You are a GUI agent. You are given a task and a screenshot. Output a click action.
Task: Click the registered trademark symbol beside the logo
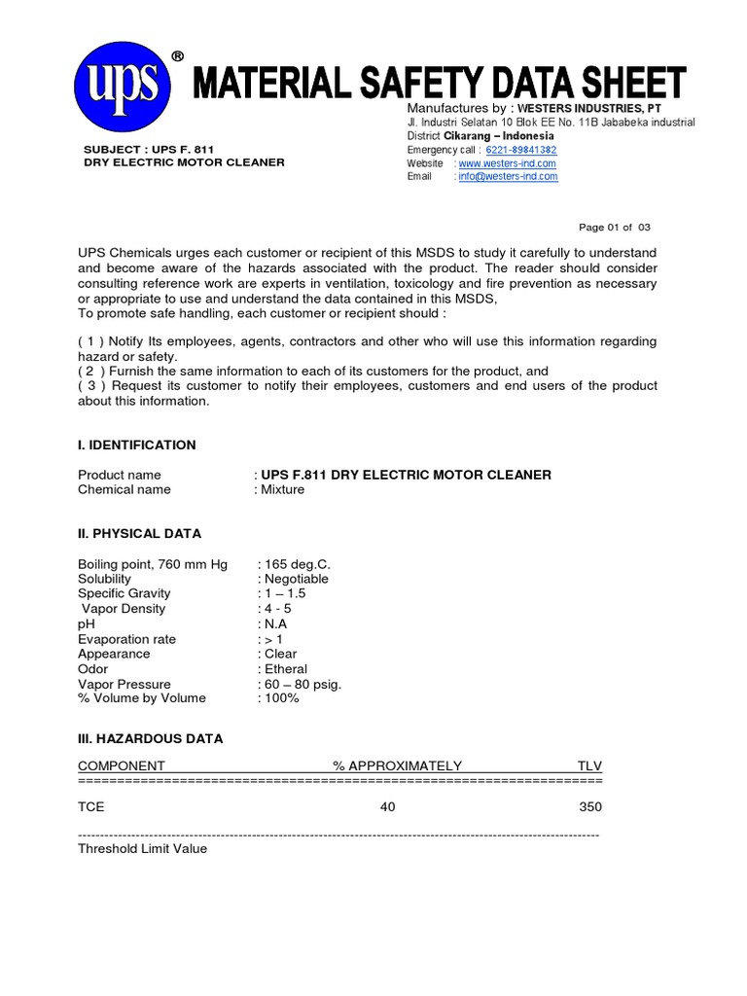[x=178, y=56]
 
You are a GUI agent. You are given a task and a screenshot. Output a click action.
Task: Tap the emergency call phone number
[x=509, y=151]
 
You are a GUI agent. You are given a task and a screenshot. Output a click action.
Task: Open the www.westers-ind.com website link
[x=507, y=163]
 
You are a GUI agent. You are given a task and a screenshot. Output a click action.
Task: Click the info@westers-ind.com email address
[x=507, y=176]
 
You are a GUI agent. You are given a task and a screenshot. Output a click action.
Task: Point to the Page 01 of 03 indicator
[x=615, y=228]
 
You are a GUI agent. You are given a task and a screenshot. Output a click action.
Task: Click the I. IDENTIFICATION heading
[x=136, y=445]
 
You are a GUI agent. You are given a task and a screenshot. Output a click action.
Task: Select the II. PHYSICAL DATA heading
[x=139, y=533]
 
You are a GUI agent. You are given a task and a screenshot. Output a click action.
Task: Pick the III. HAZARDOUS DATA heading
[x=150, y=738]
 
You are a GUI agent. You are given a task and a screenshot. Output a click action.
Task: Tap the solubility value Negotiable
[x=296, y=579]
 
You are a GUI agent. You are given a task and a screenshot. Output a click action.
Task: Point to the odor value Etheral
[x=285, y=669]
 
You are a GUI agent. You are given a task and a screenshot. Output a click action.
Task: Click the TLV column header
[x=589, y=765]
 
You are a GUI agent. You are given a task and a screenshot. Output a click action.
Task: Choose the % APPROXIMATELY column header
[x=397, y=765]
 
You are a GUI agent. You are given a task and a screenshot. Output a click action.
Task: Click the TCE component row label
[x=91, y=807]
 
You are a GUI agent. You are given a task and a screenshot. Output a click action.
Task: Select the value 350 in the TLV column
[x=590, y=807]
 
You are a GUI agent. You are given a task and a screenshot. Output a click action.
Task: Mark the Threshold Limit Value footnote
[x=142, y=848]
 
